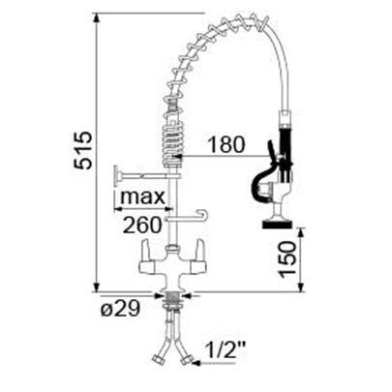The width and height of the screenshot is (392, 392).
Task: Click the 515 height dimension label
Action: [83, 150]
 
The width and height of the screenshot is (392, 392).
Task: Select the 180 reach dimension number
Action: [226, 144]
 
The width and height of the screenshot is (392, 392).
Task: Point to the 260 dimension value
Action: [142, 226]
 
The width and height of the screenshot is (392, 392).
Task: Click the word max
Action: [142, 196]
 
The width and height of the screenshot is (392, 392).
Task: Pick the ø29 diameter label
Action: [120, 309]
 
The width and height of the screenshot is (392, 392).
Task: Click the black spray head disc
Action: [277, 224]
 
